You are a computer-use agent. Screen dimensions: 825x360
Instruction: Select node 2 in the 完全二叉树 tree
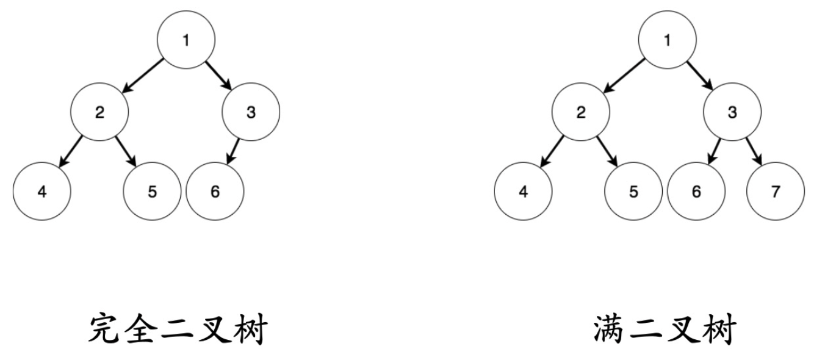99,112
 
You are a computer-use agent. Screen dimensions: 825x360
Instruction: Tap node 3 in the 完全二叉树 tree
251,112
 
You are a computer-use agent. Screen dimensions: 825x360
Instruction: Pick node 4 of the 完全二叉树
41,192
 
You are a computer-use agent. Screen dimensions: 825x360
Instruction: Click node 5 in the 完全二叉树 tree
152,192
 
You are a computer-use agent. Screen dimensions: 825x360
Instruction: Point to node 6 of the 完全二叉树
215,192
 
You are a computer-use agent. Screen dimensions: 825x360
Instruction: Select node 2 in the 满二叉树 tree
581,112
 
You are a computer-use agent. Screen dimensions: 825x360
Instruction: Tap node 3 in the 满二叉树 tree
732,112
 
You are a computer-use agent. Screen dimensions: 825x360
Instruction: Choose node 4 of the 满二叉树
523,192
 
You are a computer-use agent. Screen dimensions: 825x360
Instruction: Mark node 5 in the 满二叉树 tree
633,192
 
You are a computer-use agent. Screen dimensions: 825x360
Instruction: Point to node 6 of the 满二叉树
696,192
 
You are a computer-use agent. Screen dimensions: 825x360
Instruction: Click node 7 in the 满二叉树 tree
776,192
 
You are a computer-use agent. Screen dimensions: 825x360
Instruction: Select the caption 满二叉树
665,330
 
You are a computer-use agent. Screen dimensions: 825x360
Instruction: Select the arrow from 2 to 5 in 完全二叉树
126,152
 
